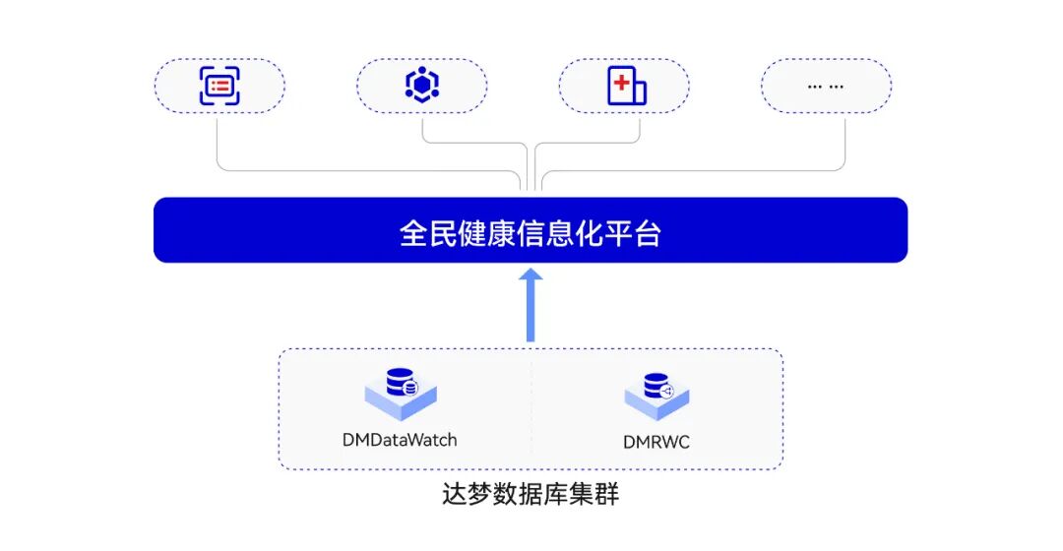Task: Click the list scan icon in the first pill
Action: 219,86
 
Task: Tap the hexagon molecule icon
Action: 422,86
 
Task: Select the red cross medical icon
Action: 625,86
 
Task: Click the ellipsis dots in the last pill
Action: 826,86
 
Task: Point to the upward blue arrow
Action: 531,305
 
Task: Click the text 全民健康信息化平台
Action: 531,233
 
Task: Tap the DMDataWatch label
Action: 400,440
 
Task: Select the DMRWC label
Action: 657,442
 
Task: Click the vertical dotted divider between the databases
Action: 531,408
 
